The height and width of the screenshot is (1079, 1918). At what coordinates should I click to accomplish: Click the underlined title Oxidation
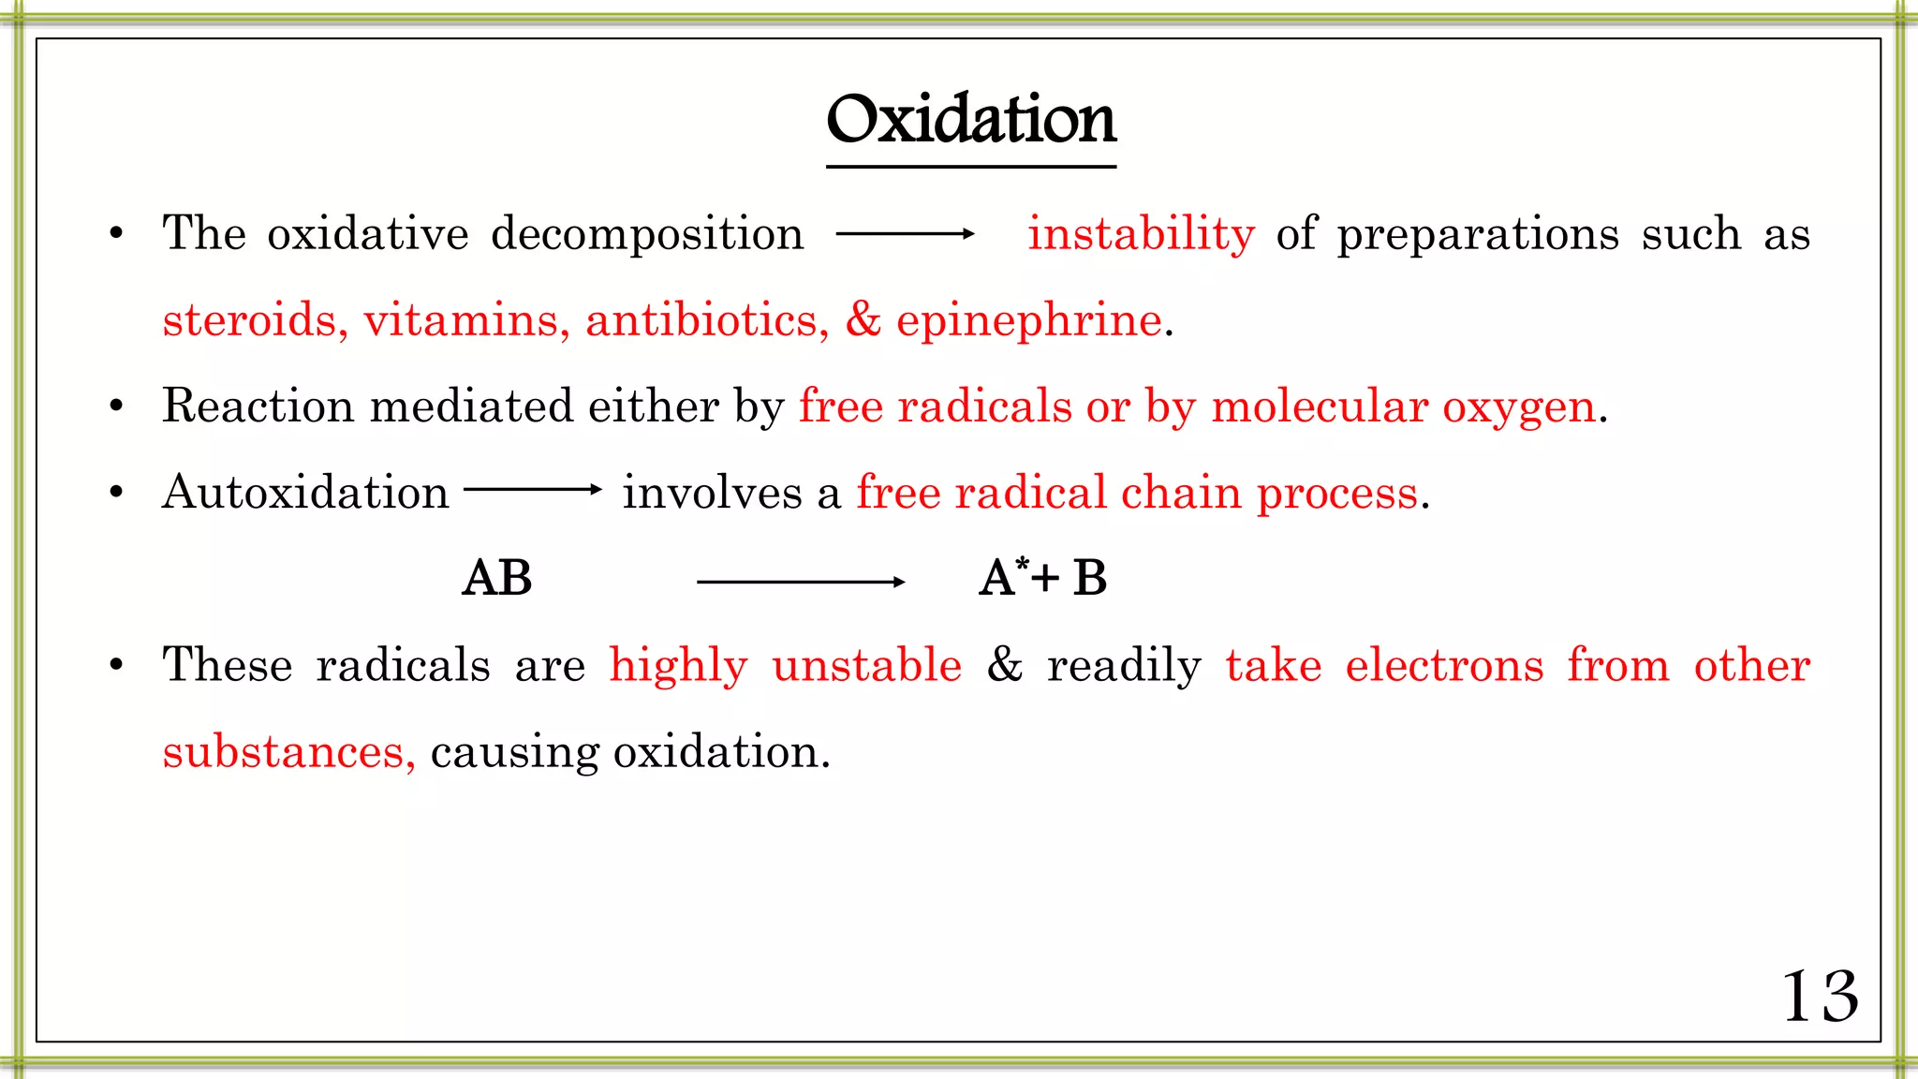971,121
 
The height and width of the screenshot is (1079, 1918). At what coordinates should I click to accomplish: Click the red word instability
1141,233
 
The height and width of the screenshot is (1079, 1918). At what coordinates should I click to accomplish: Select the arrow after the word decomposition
905,234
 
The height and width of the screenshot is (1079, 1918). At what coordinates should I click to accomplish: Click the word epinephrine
1029,320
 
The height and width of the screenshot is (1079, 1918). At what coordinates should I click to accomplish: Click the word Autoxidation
305,493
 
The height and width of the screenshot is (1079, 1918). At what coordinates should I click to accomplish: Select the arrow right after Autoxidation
532,489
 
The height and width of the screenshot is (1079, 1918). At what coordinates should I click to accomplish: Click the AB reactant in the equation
497,578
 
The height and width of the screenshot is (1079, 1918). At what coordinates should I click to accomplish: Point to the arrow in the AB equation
801,582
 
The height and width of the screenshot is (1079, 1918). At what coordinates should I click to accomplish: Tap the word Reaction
258,406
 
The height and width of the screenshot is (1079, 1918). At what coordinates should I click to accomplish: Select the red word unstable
867,665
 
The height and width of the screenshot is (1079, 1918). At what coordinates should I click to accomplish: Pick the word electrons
1444,665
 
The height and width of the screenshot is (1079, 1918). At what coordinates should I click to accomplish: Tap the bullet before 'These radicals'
116,665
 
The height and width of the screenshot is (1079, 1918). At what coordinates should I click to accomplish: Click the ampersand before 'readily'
1005,665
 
